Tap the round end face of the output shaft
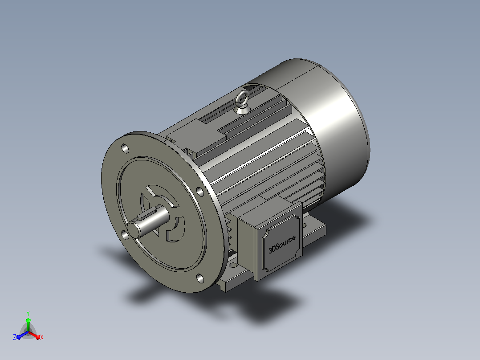click(x=134, y=230)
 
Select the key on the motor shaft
click(x=148, y=213)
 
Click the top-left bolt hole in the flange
click(x=125, y=149)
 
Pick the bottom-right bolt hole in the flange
click(x=200, y=278)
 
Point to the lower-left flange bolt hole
click(x=125, y=235)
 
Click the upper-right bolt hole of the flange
click(x=200, y=192)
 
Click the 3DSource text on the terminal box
click(x=282, y=245)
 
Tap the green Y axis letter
click(x=28, y=313)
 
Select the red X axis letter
click(x=42, y=337)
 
